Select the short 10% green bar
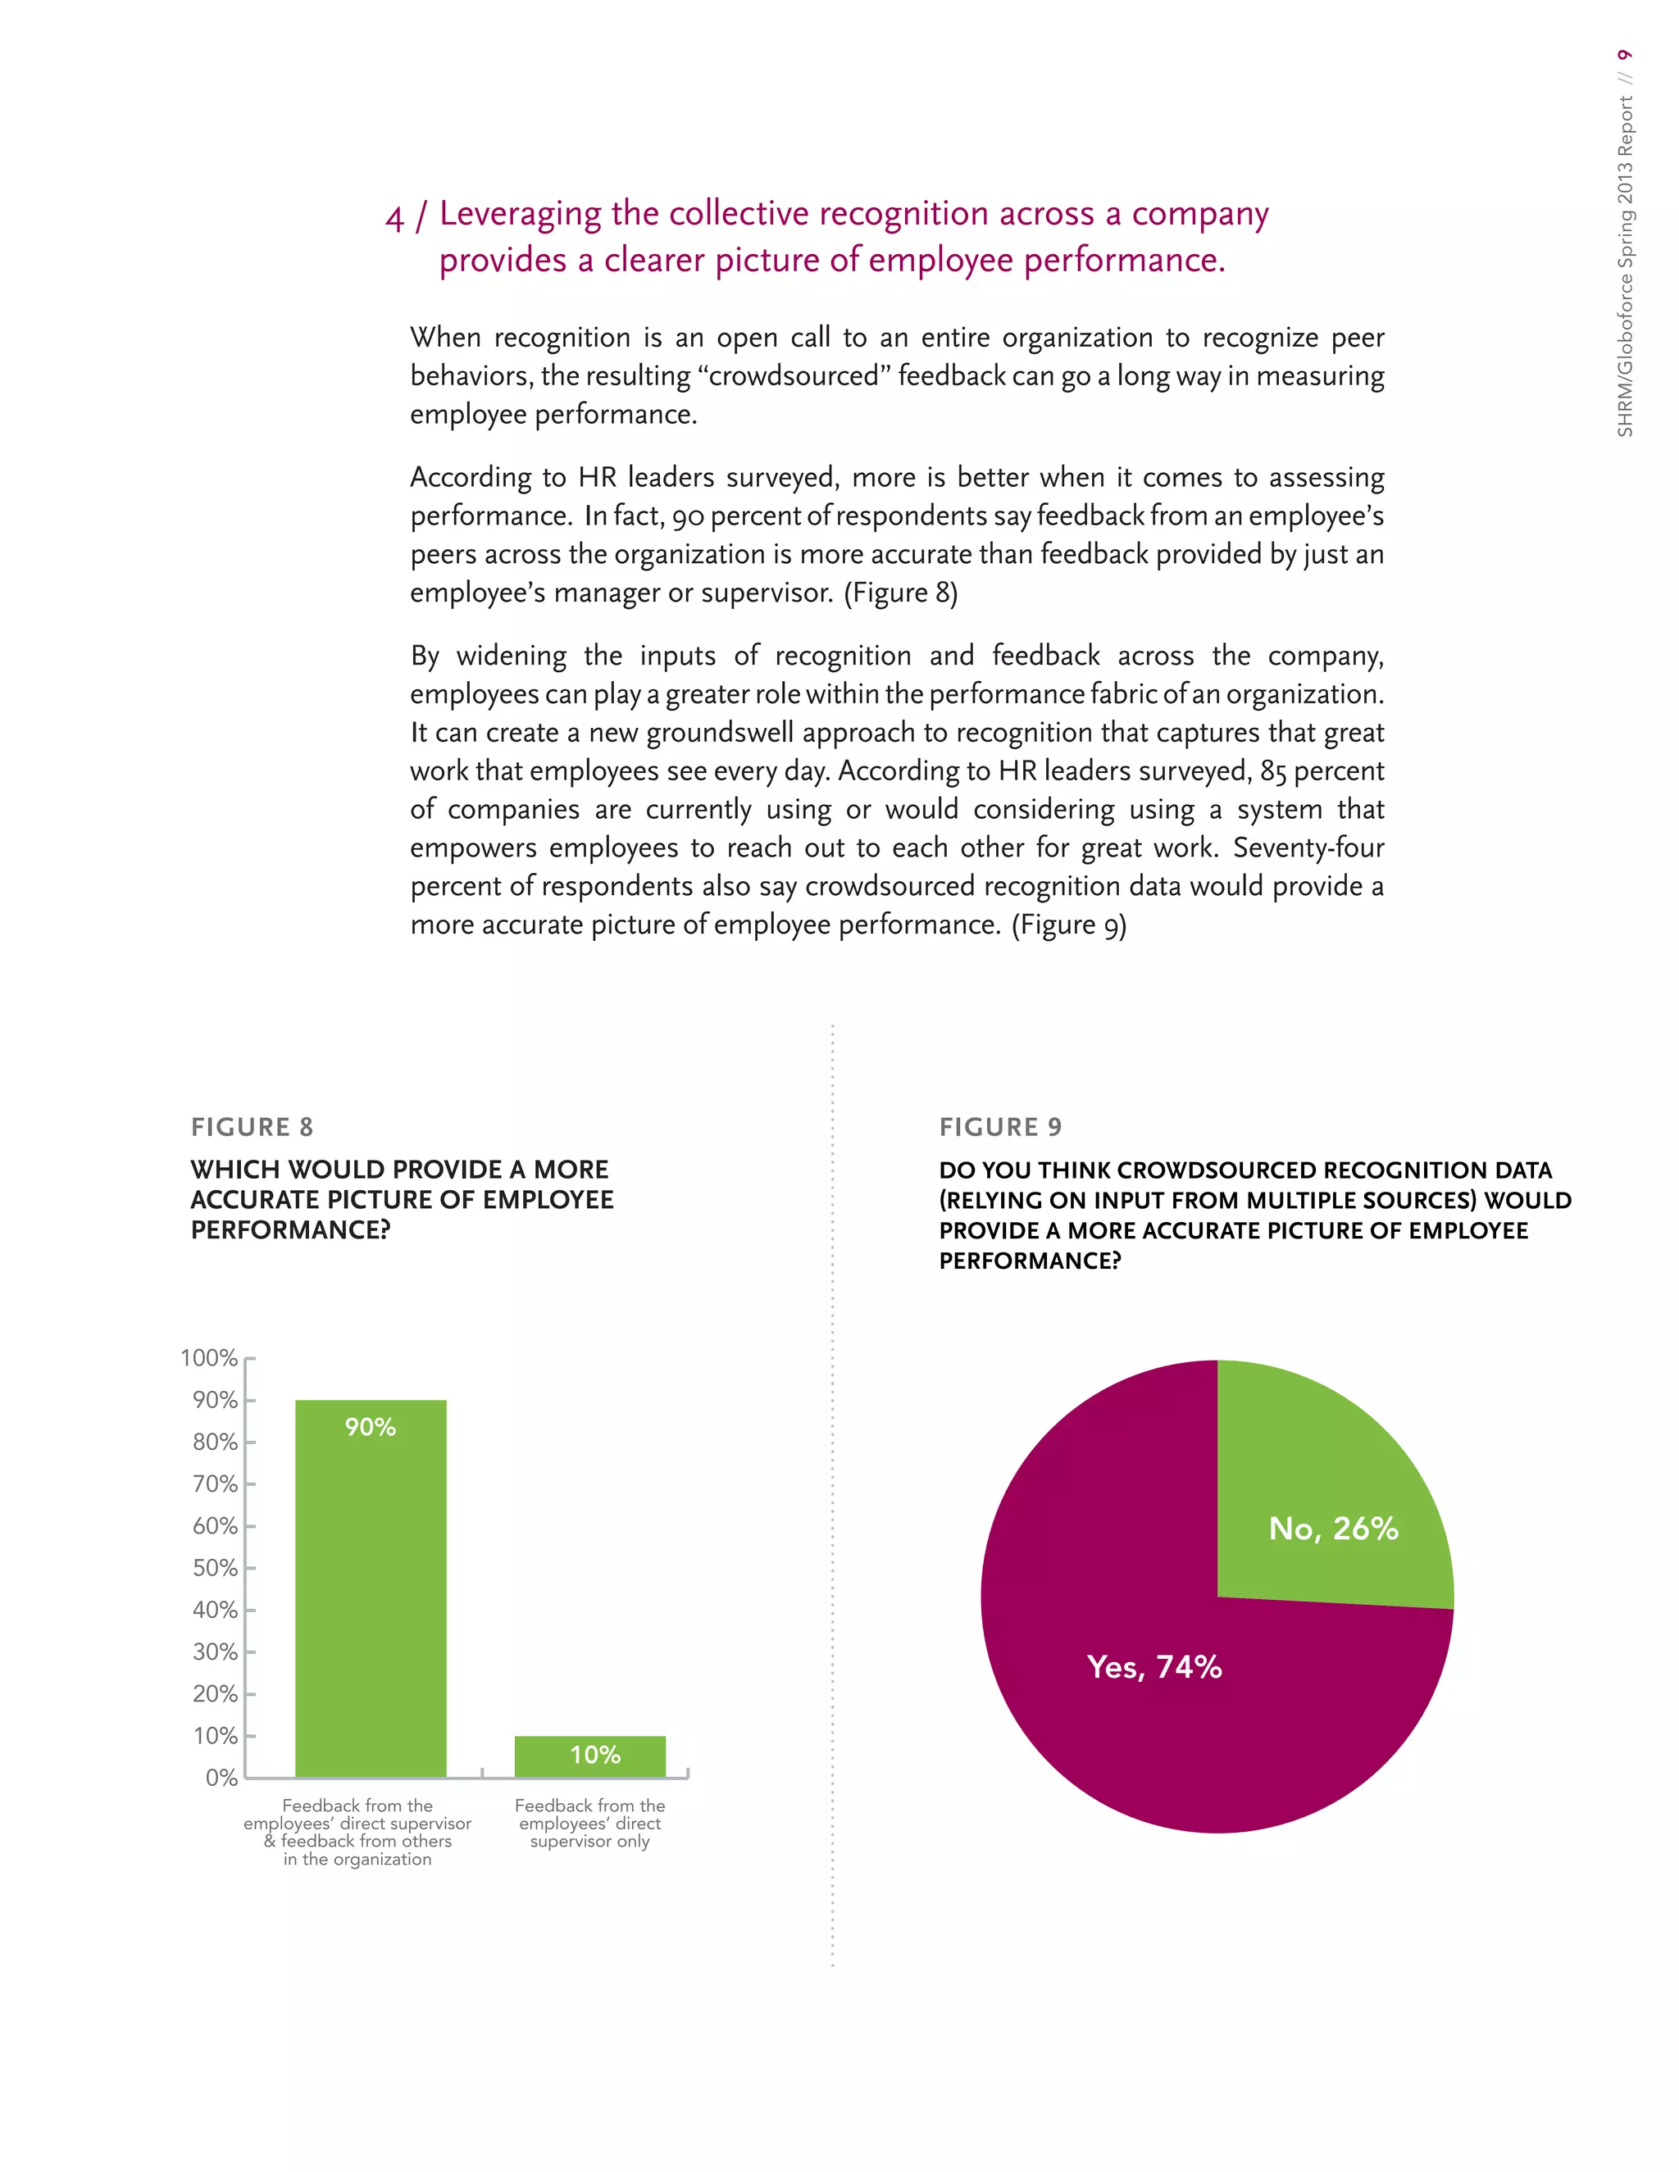(x=589, y=1757)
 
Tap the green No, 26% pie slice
(x=1323, y=1492)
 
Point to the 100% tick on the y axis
(x=209, y=1358)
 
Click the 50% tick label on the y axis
(x=215, y=1568)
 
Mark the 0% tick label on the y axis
(x=221, y=1779)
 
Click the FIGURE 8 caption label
(x=252, y=1127)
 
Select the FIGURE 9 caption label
(x=999, y=1127)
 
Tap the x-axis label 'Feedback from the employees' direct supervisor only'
(x=589, y=1823)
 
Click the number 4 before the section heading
(x=395, y=219)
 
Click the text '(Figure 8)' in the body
(x=900, y=593)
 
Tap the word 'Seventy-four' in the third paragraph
(x=1308, y=847)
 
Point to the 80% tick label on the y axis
(x=215, y=1442)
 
